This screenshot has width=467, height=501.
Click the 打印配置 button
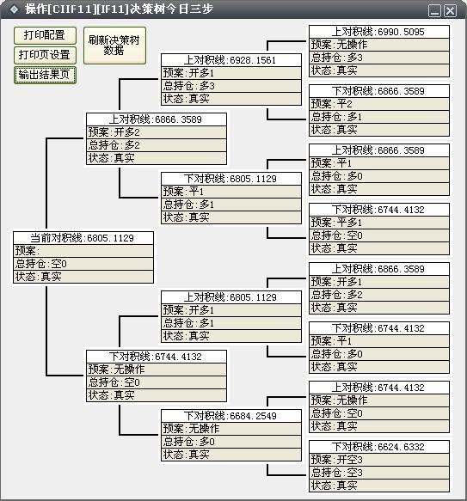pos(45,35)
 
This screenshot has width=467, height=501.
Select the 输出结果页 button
pos(45,75)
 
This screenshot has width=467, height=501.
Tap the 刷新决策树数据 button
pos(114,46)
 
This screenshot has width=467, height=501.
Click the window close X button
pos(451,11)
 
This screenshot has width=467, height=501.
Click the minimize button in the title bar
pos(434,11)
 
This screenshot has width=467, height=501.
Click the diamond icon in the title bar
pos(15,9)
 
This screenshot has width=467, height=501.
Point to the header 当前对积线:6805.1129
pos(83,238)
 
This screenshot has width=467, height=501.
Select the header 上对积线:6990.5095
pos(379,32)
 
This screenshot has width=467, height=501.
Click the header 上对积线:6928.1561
pos(231,60)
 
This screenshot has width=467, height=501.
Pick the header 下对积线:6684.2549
pos(231,416)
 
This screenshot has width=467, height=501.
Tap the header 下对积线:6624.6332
pos(379,447)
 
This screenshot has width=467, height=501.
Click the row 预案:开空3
pos(379,460)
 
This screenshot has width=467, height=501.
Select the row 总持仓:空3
pos(379,473)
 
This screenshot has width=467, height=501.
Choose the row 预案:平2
pos(379,104)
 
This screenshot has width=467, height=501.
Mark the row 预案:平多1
pos(379,223)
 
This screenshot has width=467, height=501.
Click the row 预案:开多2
pos(157,132)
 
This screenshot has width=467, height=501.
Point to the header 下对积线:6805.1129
pos(231,179)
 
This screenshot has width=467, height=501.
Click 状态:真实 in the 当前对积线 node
pos(83,277)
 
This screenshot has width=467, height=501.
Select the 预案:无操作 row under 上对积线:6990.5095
pos(379,45)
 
